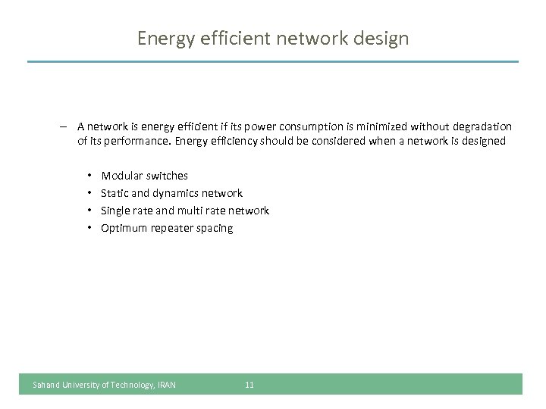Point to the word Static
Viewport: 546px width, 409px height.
(115, 193)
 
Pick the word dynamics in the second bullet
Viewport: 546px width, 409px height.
(175, 193)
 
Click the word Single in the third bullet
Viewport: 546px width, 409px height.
(115, 211)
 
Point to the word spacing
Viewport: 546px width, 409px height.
(217, 228)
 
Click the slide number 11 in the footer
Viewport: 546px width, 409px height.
(249, 385)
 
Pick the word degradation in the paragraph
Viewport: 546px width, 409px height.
(483, 126)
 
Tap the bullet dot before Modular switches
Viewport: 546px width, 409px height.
(89, 176)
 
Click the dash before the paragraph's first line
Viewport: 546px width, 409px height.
(66, 126)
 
